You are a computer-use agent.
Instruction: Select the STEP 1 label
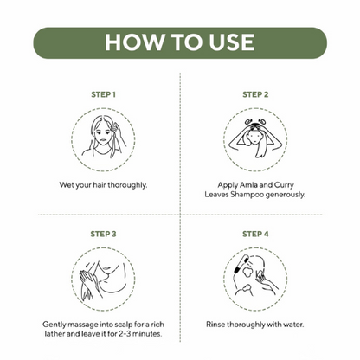(103, 94)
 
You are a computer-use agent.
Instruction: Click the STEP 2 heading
(255, 94)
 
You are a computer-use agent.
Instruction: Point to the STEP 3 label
(103, 234)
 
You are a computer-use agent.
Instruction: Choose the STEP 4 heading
(255, 234)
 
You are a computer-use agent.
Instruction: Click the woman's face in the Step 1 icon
(104, 137)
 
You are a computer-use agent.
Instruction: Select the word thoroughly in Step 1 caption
(127, 185)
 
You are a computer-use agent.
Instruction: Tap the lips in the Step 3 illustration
(106, 268)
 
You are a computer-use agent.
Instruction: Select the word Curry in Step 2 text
(284, 185)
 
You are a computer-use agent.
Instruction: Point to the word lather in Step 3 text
(55, 334)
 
